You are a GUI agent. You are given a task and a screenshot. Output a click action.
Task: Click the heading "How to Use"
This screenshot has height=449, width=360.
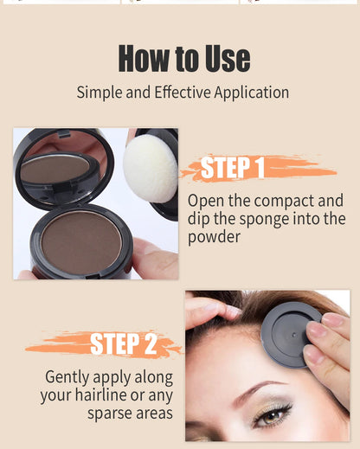point(183,58)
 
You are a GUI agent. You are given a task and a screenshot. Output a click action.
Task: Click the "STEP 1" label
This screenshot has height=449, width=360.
point(234,168)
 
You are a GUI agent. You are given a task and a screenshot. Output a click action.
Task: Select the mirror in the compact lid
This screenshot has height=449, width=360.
point(55,167)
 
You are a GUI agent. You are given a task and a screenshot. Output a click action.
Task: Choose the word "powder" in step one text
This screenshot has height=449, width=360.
point(215,236)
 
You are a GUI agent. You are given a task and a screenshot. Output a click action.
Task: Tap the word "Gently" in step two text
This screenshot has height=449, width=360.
point(70,377)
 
